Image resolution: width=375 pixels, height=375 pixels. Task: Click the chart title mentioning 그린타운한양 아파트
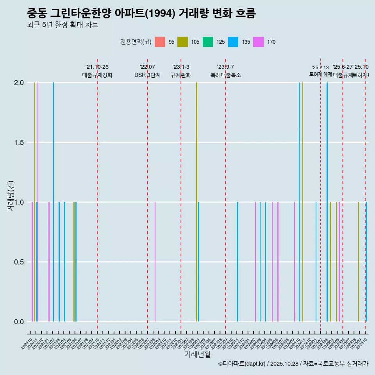[141, 14]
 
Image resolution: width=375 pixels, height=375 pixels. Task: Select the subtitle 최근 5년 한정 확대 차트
[62, 25]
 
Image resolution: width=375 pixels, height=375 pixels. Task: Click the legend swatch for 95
[160, 42]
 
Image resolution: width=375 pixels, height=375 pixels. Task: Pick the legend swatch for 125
[208, 42]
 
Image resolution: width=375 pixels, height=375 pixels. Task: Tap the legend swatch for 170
[259, 42]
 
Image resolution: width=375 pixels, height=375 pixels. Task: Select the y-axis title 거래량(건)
[11, 195]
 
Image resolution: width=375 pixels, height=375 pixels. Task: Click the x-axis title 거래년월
[197, 355]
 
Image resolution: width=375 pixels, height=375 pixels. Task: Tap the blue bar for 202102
[54, 202]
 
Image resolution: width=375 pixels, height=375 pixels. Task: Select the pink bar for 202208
[155, 262]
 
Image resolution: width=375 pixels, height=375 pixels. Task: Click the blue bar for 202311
[237, 262]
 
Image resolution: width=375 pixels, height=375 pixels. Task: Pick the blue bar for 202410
[299, 202]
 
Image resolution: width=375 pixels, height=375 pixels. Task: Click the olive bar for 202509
[358, 262]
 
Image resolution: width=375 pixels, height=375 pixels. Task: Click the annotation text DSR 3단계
[147, 75]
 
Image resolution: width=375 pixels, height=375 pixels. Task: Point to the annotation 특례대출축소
[225, 75]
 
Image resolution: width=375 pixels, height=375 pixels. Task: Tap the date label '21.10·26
[97, 67]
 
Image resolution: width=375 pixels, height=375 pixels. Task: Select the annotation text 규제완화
[180, 75]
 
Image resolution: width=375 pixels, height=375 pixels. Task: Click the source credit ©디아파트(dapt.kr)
[242, 364]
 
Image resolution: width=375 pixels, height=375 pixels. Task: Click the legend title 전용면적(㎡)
[136, 42]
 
